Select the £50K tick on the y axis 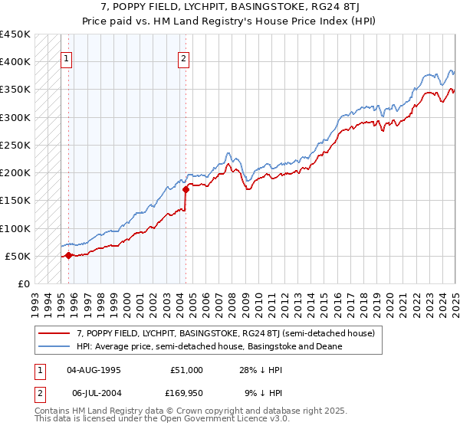pyautogui.click(x=16, y=256)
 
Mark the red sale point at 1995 pyautogui.click(x=68, y=255)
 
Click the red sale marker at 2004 pyautogui.click(x=186, y=189)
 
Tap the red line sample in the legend pyautogui.click(x=54, y=334)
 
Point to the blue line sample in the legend pyautogui.click(x=54, y=346)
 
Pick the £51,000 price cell pyautogui.click(x=186, y=370)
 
